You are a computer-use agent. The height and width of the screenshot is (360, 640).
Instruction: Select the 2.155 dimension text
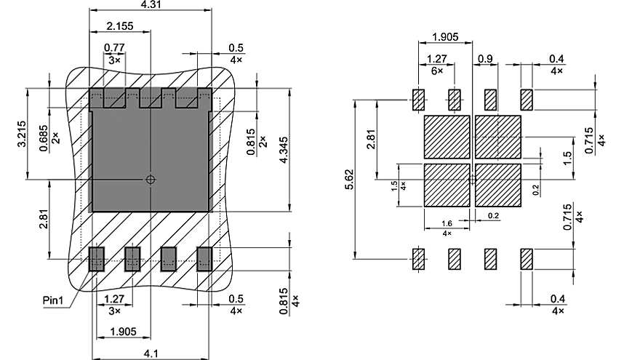click(119, 27)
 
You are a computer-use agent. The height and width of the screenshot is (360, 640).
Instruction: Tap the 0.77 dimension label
click(113, 48)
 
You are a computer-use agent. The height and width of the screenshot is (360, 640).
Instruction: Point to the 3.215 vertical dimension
click(21, 135)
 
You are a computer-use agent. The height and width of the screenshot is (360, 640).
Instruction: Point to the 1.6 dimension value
click(447, 224)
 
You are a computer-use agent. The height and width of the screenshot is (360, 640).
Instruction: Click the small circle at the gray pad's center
click(151, 179)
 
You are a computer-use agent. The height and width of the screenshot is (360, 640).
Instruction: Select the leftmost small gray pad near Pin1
click(96, 258)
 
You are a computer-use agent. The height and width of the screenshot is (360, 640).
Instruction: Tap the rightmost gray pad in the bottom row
click(204, 258)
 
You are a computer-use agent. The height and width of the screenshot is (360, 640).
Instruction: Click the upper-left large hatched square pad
click(447, 136)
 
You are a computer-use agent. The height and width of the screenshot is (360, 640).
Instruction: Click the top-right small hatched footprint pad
click(527, 99)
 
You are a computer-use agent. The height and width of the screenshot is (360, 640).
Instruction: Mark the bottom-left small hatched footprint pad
click(418, 259)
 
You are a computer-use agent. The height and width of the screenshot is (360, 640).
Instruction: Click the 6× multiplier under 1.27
click(436, 71)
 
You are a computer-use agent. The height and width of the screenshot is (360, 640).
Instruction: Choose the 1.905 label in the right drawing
click(445, 38)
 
